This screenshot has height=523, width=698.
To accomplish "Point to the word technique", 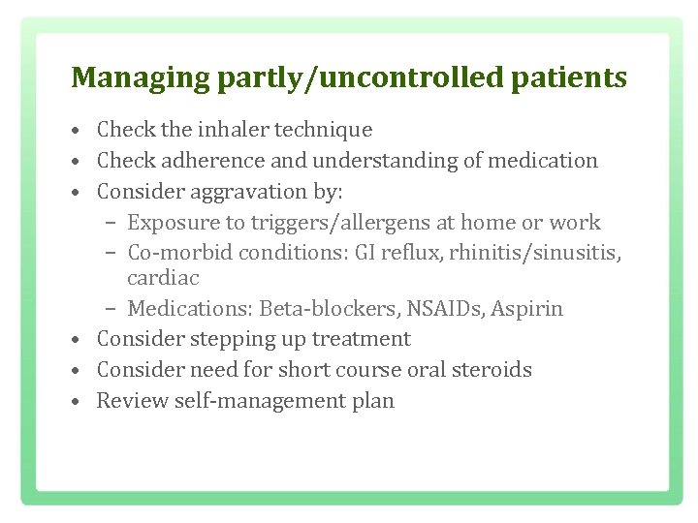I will pyautogui.click(x=325, y=130).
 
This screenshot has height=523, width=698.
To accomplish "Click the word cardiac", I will pyautogui.click(x=163, y=278).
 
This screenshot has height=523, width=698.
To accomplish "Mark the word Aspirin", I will pyautogui.click(x=527, y=309).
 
